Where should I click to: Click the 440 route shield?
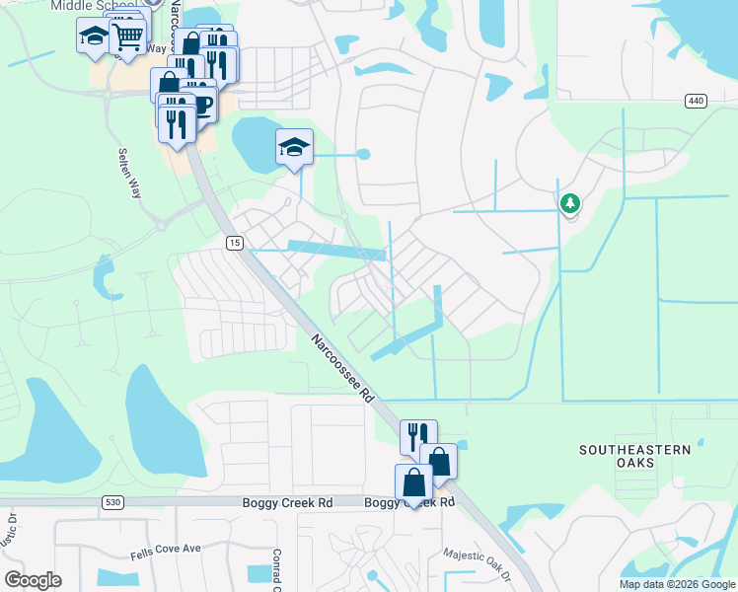[697, 101]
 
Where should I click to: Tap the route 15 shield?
[234, 243]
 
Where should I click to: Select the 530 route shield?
[112, 503]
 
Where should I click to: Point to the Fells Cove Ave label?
[165, 548]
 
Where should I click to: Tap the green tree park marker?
[569, 204]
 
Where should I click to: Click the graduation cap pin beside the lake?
[294, 148]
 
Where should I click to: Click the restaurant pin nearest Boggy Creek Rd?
[418, 435]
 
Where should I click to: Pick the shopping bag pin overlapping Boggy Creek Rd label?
[413, 482]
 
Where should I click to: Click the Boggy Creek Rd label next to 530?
[288, 503]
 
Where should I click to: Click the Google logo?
[33, 580]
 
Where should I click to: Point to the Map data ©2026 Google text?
[676, 584]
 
